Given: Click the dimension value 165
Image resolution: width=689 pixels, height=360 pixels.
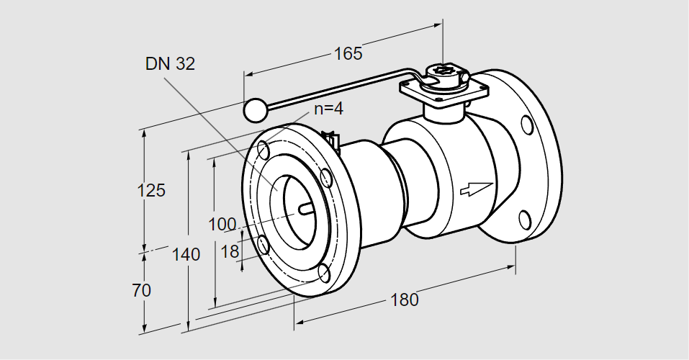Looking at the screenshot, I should [348, 53].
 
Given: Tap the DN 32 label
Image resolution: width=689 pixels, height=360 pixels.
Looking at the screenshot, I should [170, 64].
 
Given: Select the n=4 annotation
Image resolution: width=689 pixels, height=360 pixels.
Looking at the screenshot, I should [329, 109].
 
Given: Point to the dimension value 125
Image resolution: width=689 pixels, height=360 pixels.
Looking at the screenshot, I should [151, 191].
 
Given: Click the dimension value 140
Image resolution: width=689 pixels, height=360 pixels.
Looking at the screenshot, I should [186, 254].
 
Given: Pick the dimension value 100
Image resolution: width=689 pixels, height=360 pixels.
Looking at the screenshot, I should [222, 223].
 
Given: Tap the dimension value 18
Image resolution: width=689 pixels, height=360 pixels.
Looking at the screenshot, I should [230, 251].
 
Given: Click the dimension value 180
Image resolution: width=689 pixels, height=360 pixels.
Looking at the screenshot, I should [405, 300].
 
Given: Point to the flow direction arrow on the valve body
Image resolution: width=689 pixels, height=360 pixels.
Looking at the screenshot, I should [476, 188].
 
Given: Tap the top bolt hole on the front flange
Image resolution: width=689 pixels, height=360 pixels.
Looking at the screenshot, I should [264, 150].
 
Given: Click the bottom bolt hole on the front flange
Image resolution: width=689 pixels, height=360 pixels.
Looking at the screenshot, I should [325, 273].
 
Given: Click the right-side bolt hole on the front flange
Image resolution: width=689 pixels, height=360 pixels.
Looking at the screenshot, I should [326, 177].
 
